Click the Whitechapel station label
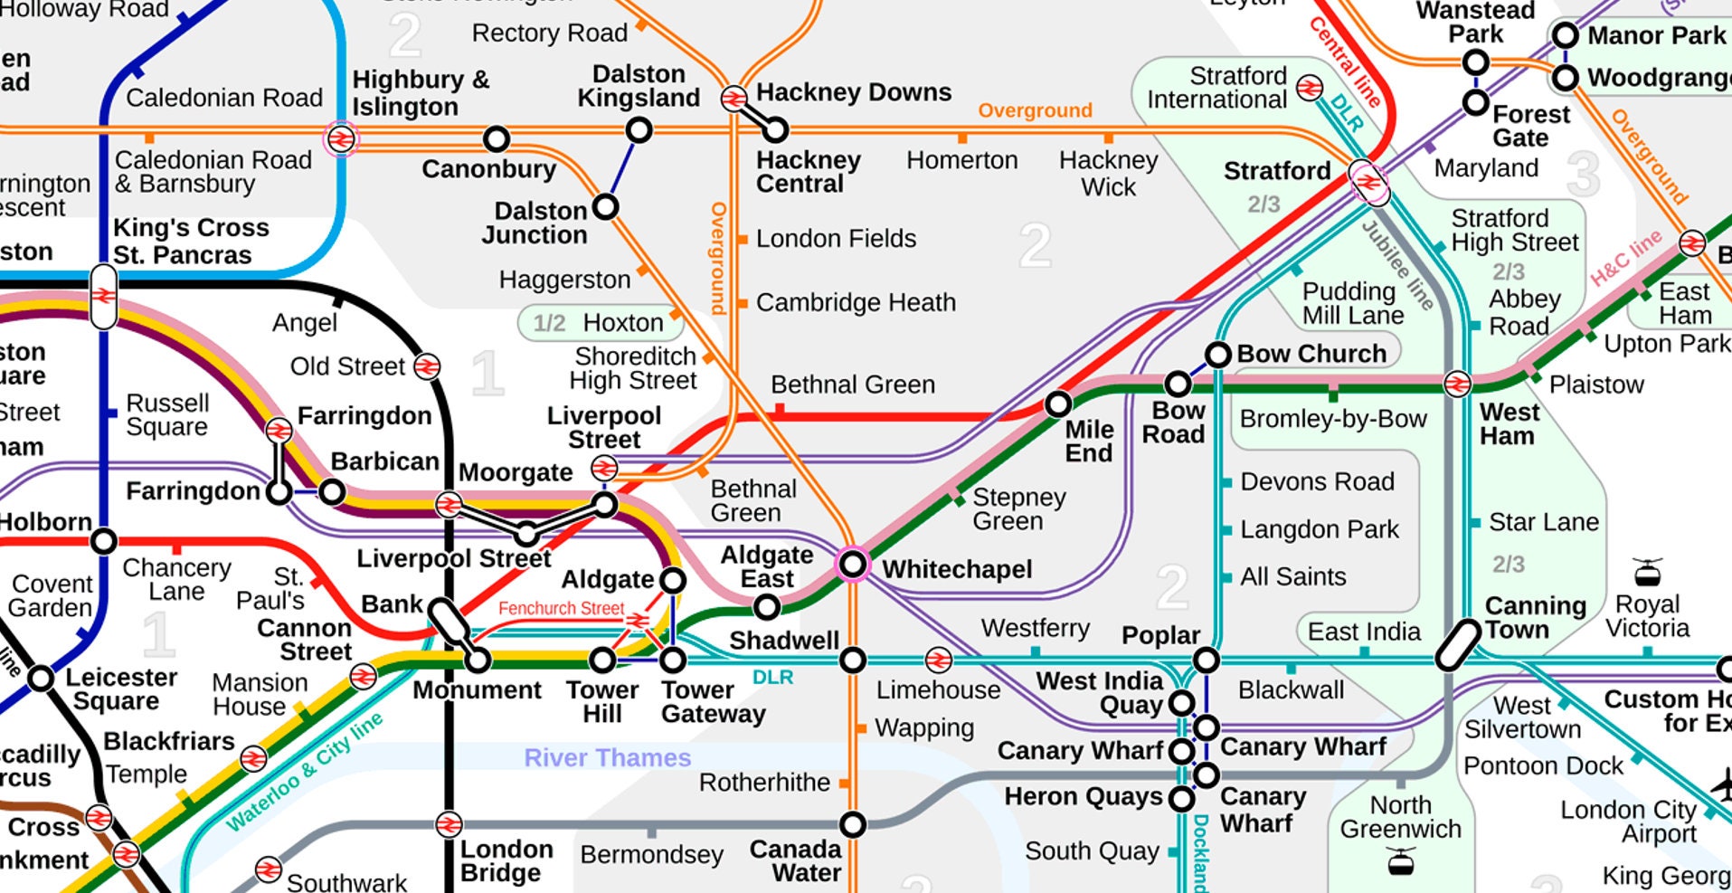pyautogui.click(x=956, y=569)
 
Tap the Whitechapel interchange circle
pyautogui.click(x=853, y=565)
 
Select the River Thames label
pyautogui.click(x=607, y=758)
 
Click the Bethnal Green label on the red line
pyautogui.click(x=852, y=385)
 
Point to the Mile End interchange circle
pyautogui.click(x=1058, y=404)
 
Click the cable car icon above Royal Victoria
pyautogui.click(x=1647, y=572)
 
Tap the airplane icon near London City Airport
pyautogui.click(x=1721, y=784)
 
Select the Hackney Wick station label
pyautogui.click(x=1108, y=174)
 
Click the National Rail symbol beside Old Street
pyautogui.click(x=427, y=366)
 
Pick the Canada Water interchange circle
pyautogui.click(x=853, y=824)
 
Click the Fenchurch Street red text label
pyautogui.click(x=561, y=609)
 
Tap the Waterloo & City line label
pyautogui.click(x=304, y=772)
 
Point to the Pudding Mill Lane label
pyautogui.click(x=1352, y=303)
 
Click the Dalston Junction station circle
pyautogui.click(x=605, y=207)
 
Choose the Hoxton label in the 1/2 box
pyautogui.click(x=623, y=323)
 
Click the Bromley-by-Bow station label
pyautogui.click(x=1332, y=419)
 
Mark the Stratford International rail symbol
pyautogui.click(x=1309, y=88)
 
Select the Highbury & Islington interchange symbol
pyautogui.click(x=341, y=138)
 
